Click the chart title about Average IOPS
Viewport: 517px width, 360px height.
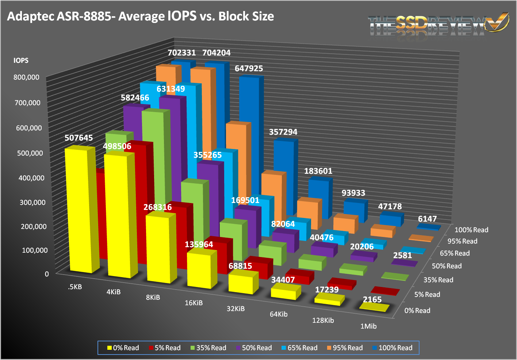click(x=141, y=16)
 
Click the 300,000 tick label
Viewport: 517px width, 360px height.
click(x=32, y=202)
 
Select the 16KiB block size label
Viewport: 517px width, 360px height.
click(x=194, y=303)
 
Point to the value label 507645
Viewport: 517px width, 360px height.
click(x=79, y=138)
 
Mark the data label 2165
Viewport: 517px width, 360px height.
click(x=372, y=300)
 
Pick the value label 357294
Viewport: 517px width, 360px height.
click(x=283, y=132)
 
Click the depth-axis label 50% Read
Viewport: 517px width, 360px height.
click(x=447, y=266)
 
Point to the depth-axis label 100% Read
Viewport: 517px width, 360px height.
click(x=471, y=230)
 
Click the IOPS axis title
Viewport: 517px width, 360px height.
click(x=21, y=61)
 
